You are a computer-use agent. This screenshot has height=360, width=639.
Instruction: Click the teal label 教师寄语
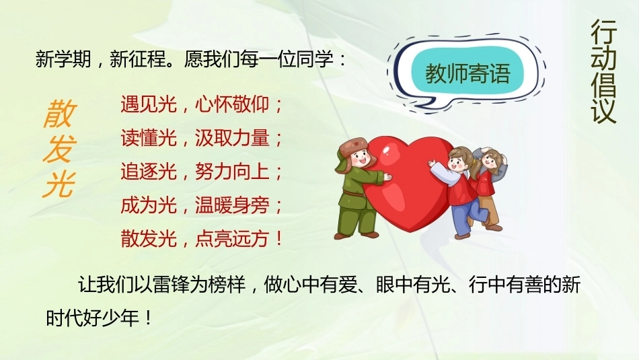pyautogui.click(x=467, y=73)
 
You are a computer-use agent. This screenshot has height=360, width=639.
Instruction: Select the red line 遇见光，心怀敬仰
pyautogui.click(x=201, y=104)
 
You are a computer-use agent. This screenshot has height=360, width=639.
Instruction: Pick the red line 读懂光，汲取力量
pyautogui.click(x=201, y=138)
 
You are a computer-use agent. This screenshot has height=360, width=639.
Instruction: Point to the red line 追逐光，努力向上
pyautogui.click(x=201, y=171)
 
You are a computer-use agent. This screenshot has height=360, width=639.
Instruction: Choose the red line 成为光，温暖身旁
pyautogui.click(x=201, y=205)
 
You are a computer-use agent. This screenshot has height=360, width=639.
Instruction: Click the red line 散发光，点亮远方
pyautogui.click(x=201, y=238)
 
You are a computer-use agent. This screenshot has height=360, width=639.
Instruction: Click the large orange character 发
pyautogui.click(x=60, y=149)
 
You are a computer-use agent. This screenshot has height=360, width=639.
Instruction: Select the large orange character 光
pyautogui.click(x=60, y=184)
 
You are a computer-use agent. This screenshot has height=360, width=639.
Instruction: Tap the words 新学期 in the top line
pyautogui.click(x=63, y=59)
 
